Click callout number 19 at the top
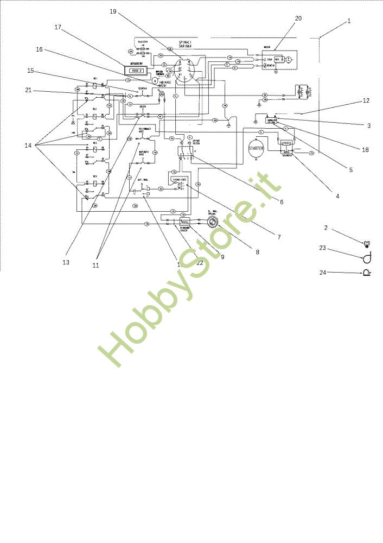pyautogui.click(x=113, y=11)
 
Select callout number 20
pyautogui.click(x=298, y=18)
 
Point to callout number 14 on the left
pyautogui.click(x=28, y=146)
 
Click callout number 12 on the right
pyautogui.click(x=366, y=101)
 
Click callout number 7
pyautogui.click(x=278, y=237)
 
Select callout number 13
pyautogui.click(x=66, y=262)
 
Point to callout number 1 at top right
pyautogui.click(x=349, y=21)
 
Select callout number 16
pyautogui.click(x=39, y=49)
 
